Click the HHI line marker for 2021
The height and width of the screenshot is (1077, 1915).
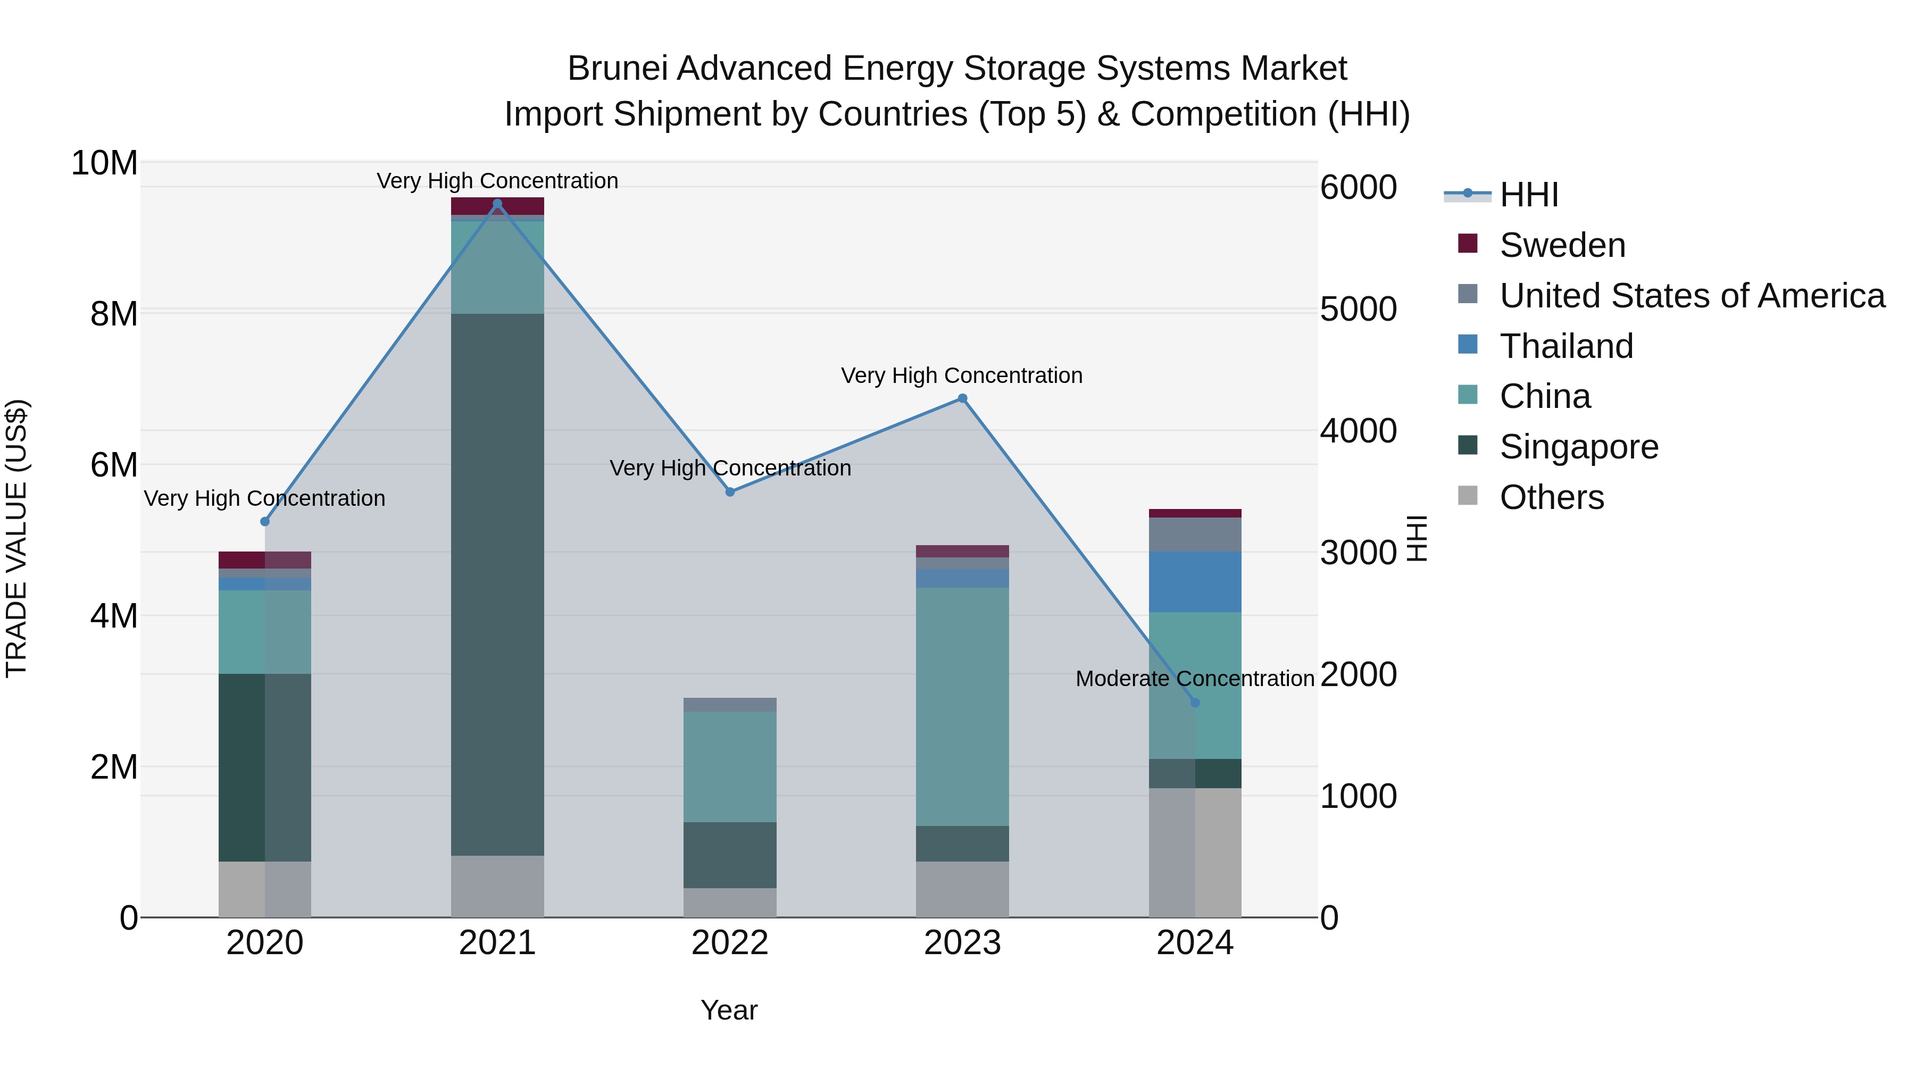pos(497,204)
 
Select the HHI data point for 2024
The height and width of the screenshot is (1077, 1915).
pos(1195,703)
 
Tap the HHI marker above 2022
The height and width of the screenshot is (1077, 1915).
pos(730,492)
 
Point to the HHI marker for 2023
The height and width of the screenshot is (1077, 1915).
pos(962,398)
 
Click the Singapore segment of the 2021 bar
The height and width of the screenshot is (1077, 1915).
pos(497,584)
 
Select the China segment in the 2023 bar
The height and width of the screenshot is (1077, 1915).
pos(962,706)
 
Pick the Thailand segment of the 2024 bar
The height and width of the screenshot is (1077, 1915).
pos(1195,582)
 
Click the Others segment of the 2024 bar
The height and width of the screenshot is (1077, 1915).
pos(1195,853)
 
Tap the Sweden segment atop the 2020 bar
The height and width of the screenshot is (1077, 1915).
pos(265,560)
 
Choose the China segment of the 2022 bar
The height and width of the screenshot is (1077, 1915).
pos(730,766)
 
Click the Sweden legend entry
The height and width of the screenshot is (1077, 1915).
pos(1562,245)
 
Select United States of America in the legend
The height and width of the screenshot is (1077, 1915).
pos(1691,296)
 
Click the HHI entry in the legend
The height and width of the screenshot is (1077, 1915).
pos(1528,195)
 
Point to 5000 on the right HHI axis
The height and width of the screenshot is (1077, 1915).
pos(1358,309)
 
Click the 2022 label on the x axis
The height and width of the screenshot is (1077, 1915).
pos(730,943)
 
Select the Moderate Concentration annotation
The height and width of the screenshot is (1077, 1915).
pos(1195,679)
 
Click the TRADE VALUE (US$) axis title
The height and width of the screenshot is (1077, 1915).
pos(16,538)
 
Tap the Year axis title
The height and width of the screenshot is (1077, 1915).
pos(729,1010)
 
